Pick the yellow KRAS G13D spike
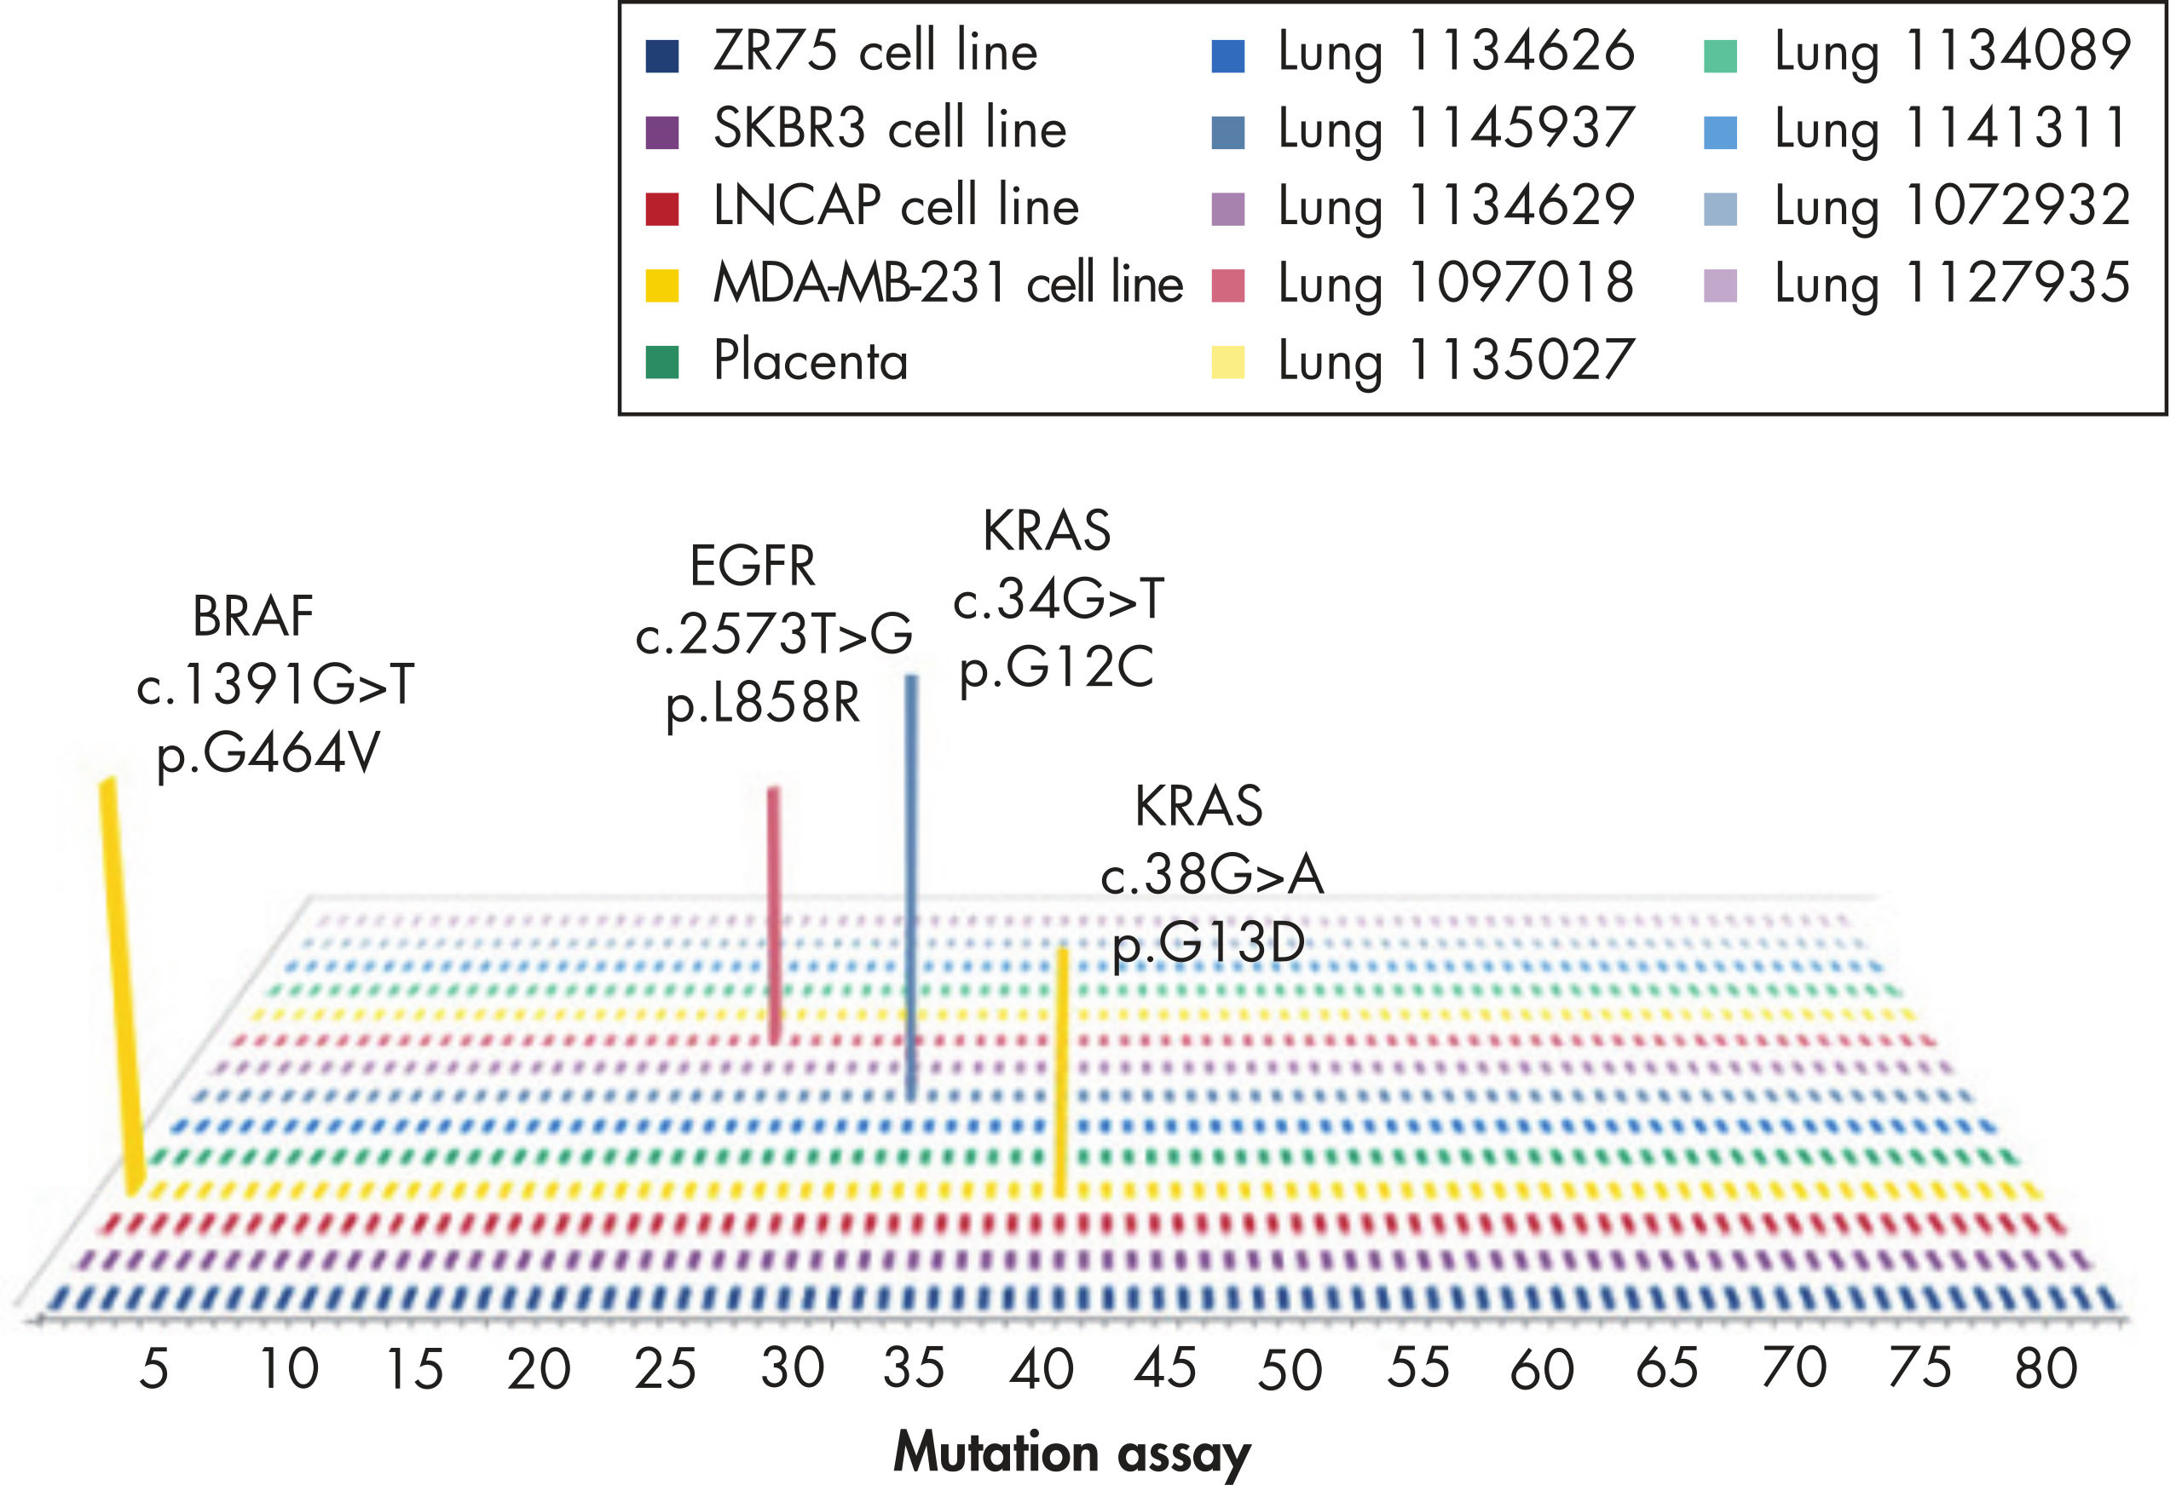coord(1062,1070)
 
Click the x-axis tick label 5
coord(154,1369)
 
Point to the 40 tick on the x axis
coord(1042,1369)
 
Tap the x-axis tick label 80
coord(2046,1369)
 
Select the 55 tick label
coord(1418,1369)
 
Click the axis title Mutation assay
coord(1071,1452)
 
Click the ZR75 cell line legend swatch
coord(662,55)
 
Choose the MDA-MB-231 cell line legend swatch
coord(662,285)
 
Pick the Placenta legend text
coord(811,360)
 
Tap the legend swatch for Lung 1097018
coord(1228,285)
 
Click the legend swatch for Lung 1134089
coord(1720,55)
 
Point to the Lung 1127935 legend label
coord(1952,284)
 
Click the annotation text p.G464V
coord(268,753)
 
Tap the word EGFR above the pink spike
coord(752,566)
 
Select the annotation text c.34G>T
coord(1058,599)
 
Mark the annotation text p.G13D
coord(1209,943)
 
